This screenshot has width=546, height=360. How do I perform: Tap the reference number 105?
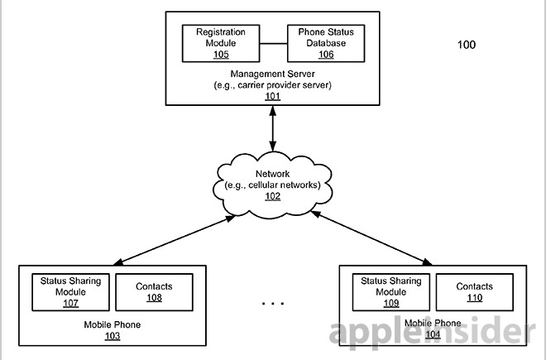click(x=220, y=55)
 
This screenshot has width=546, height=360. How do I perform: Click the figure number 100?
click(x=467, y=45)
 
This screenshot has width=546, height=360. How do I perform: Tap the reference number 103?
click(x=112, y=336)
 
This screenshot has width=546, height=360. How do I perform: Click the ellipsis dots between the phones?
click(x=273, y=304)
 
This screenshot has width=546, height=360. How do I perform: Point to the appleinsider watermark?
click(x=426, y=334)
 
